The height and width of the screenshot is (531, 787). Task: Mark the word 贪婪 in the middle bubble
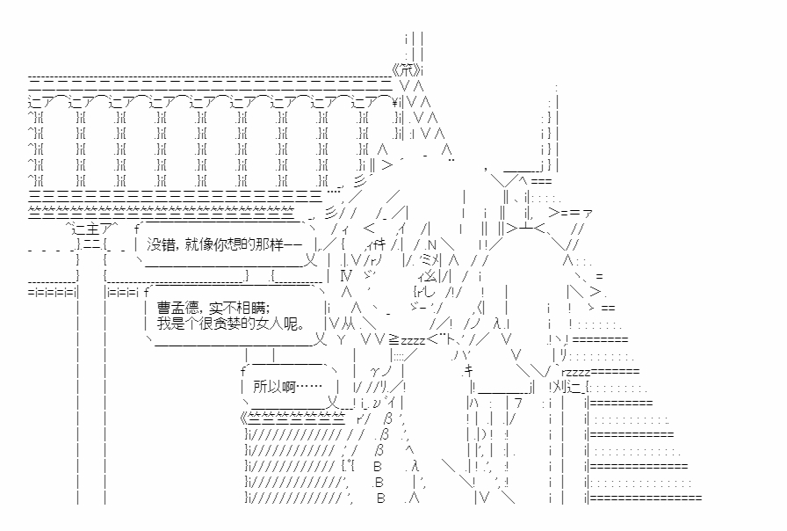tap(235, 323)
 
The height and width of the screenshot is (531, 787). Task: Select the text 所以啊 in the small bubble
tap(275, 385)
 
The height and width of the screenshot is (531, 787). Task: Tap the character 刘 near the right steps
tap(562, 386)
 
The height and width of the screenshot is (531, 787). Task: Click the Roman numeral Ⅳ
tap(345, 276)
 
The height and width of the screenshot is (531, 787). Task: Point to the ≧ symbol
tap(394, 339)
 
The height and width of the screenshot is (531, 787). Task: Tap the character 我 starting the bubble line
tap(163, 323)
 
